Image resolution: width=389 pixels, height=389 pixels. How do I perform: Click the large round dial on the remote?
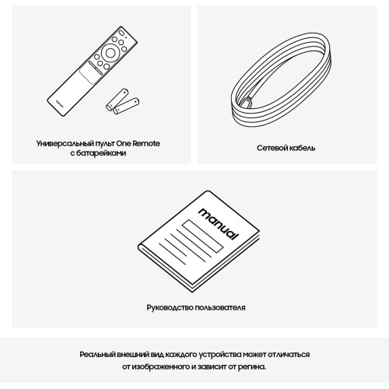[110, 53]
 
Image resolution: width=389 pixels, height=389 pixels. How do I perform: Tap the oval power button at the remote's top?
[121, 33]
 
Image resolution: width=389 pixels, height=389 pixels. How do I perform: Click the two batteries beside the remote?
[122, 102]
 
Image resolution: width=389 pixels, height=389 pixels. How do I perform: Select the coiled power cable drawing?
[281, 80]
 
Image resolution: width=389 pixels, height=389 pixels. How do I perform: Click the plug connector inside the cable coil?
[247, 102]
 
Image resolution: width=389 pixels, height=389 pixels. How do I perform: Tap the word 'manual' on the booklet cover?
[218, 224]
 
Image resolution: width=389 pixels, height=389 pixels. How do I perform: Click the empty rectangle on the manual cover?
[202, 236]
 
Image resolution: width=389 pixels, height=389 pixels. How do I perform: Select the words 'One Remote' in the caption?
[138, 143]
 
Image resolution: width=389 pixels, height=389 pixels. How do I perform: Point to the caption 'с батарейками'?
[98, 153]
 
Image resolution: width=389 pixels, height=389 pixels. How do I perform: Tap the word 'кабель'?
[303, 148]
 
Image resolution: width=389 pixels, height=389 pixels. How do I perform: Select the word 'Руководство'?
[170, 307]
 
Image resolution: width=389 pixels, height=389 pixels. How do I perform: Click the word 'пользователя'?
[220, 307]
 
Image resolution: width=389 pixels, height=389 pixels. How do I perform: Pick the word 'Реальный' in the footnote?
[97, 355]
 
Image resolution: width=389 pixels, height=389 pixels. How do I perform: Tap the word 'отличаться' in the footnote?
[289, 355]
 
